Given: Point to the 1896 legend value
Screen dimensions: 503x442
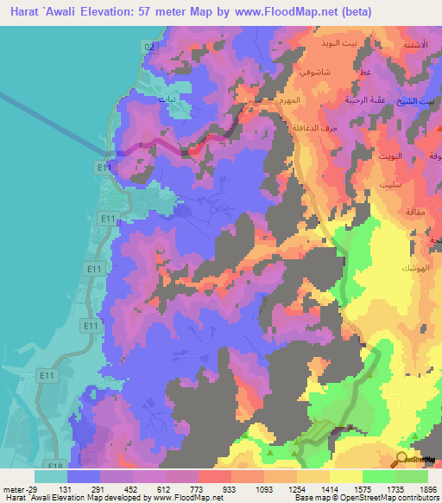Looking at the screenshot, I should [x=428, y=489].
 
